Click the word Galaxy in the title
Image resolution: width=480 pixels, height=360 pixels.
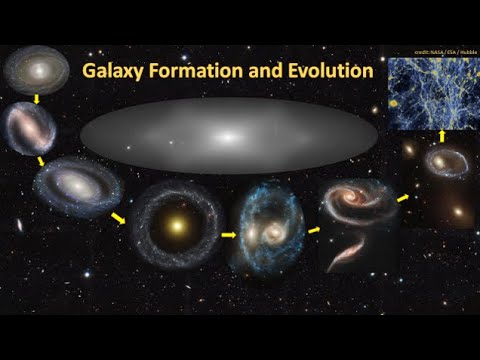pos(111,72)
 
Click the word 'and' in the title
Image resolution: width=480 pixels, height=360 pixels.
pos(257,72)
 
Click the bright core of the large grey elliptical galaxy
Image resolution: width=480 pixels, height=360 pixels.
pos(229,137)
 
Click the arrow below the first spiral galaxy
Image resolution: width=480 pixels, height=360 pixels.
pos(35,99)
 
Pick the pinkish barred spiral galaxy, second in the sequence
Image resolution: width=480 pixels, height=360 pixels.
pos(31,127)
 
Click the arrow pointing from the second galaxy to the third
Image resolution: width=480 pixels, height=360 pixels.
pos(41,159)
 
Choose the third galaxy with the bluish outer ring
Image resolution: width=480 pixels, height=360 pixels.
pos(72,187)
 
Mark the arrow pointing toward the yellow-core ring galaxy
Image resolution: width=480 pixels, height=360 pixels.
pos(121,217)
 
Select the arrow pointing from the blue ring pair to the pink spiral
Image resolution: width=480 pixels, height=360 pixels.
pos(313,230)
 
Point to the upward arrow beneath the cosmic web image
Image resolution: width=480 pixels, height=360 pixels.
pos(441,133)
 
